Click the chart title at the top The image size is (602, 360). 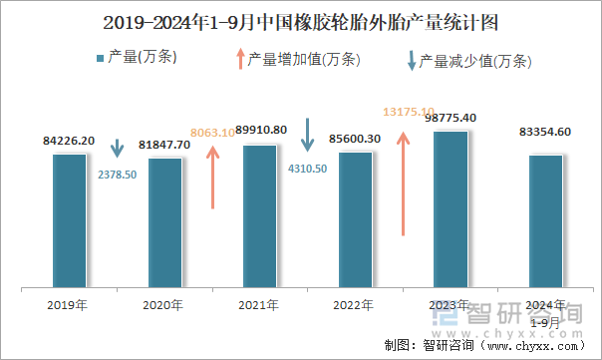301,21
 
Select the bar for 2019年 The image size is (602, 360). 69,219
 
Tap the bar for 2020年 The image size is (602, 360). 164,221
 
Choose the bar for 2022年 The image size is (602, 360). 355,218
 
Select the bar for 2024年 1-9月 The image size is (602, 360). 545,220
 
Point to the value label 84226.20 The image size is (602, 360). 70,141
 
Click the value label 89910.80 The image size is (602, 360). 261,130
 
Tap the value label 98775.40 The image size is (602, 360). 451,118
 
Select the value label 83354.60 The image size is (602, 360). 545,132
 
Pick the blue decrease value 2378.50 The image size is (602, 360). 118,174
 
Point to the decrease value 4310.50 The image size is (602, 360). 307,169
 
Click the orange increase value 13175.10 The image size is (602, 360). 409,111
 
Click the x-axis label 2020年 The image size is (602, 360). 163,304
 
